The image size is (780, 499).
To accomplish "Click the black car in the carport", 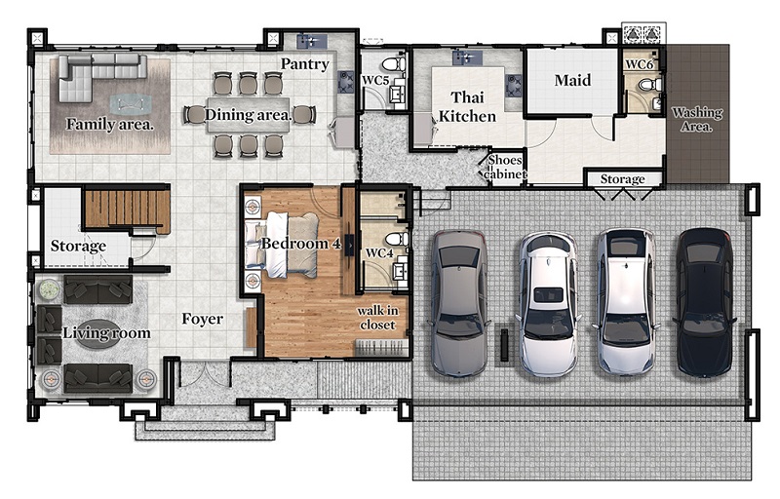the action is click(x=704, y=302).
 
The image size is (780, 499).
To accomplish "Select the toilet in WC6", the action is click(x=650, y=85).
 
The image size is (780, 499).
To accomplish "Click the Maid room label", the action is click(x=572, y=80).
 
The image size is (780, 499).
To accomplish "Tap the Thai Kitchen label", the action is click(x=467, y=106).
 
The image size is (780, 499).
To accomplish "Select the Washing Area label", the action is click(x=697, y=119).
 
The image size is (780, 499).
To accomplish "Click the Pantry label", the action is click(x=304, y=63).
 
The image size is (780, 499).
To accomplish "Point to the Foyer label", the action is click(x=202, y=319).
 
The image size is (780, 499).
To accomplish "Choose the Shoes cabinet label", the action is click(x=505, y=167).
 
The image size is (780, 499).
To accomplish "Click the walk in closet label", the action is click(x=377, y=318).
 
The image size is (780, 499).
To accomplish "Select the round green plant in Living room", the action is click(x=49, y=289).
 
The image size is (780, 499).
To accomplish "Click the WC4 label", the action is click(x=379, y=253).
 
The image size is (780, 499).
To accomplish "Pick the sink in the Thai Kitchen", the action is click(x=467, y=58).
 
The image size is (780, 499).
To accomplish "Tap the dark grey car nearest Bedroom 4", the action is click(x=458, y=303).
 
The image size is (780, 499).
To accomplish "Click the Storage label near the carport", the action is click(x=622, y=179).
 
